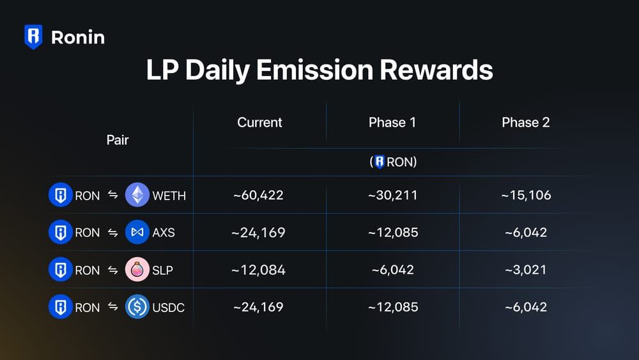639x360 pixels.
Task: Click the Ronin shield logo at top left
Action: [x=33, y=36]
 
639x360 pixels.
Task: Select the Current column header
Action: [x=259, y=122]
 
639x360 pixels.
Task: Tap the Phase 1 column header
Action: [x=392, y=122]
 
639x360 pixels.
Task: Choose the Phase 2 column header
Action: [x=525, y=122]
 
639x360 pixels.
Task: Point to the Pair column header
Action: [x=118, y=140]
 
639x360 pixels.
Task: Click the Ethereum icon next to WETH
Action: [x=137, y=195]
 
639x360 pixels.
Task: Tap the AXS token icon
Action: [x=137, y=232]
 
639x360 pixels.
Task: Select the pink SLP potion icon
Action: [x=137, y=269]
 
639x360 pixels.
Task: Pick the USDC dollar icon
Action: [x=137, y=307]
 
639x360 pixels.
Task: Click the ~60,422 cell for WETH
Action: [x=259, y=195]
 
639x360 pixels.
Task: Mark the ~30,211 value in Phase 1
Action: [x=392, y=195]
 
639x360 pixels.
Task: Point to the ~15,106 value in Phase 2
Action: [x=525, y=195]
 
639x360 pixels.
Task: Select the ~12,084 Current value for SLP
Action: [x=259, y=269]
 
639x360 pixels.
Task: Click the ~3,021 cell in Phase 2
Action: [x=525, y=269]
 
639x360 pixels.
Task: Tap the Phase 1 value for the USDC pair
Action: [x=392, y=307]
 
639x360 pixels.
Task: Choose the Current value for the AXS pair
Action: [x=259, y=232]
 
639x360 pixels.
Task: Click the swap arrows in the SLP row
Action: [x=112, y=269]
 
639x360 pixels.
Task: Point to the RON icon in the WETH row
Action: [x=60, y=195]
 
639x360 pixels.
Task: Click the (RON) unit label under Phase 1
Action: [x=392, y=162]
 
